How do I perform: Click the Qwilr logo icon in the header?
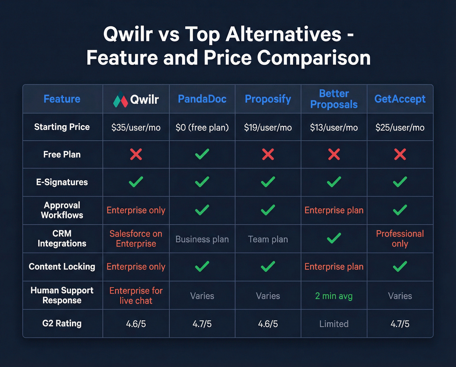click(x=120, y=99)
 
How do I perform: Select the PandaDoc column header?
click(x=202, y=99)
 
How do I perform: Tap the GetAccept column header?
click(x=400, y=99)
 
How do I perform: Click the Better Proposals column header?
click(x=334, y=99)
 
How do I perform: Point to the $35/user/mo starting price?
click(x=136, y=127)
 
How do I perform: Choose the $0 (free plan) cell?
click(x=202, y=127)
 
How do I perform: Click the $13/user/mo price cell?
click(x=334, y=127)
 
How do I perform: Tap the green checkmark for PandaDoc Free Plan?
click(x=202, y=154)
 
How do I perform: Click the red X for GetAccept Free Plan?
click(x=400, y=154)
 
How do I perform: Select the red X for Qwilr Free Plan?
click(x=136, y=154)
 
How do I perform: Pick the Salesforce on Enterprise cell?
click(x=136, y=239)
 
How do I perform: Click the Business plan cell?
click(x=202, y=239)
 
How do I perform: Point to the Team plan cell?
click(x=268, y=239)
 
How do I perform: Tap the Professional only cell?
click(x=400, y=239)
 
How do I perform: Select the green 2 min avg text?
click(x=334, y=296)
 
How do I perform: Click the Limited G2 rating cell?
click(x=334, y=324)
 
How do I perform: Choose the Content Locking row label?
click(x=62, y=267)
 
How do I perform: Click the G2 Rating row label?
click(x=62, y=323)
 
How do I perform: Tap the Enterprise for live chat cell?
click(x=136, y=295)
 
